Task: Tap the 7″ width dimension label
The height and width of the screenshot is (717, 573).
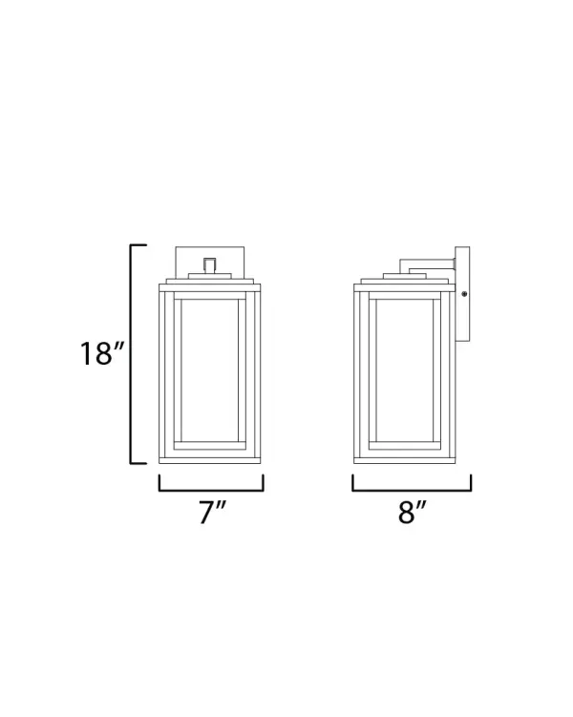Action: click(x=212, y=513)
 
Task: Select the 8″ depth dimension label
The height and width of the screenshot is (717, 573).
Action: click(x=412, y=513)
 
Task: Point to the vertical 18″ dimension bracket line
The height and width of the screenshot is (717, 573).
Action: click(x=132, y=354)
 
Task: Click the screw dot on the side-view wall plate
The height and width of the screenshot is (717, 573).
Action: click(x=464, y=294)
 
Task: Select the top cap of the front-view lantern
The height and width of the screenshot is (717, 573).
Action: click(x=212, y=283)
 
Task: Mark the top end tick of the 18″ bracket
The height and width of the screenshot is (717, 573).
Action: click(x=138, y=246)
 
